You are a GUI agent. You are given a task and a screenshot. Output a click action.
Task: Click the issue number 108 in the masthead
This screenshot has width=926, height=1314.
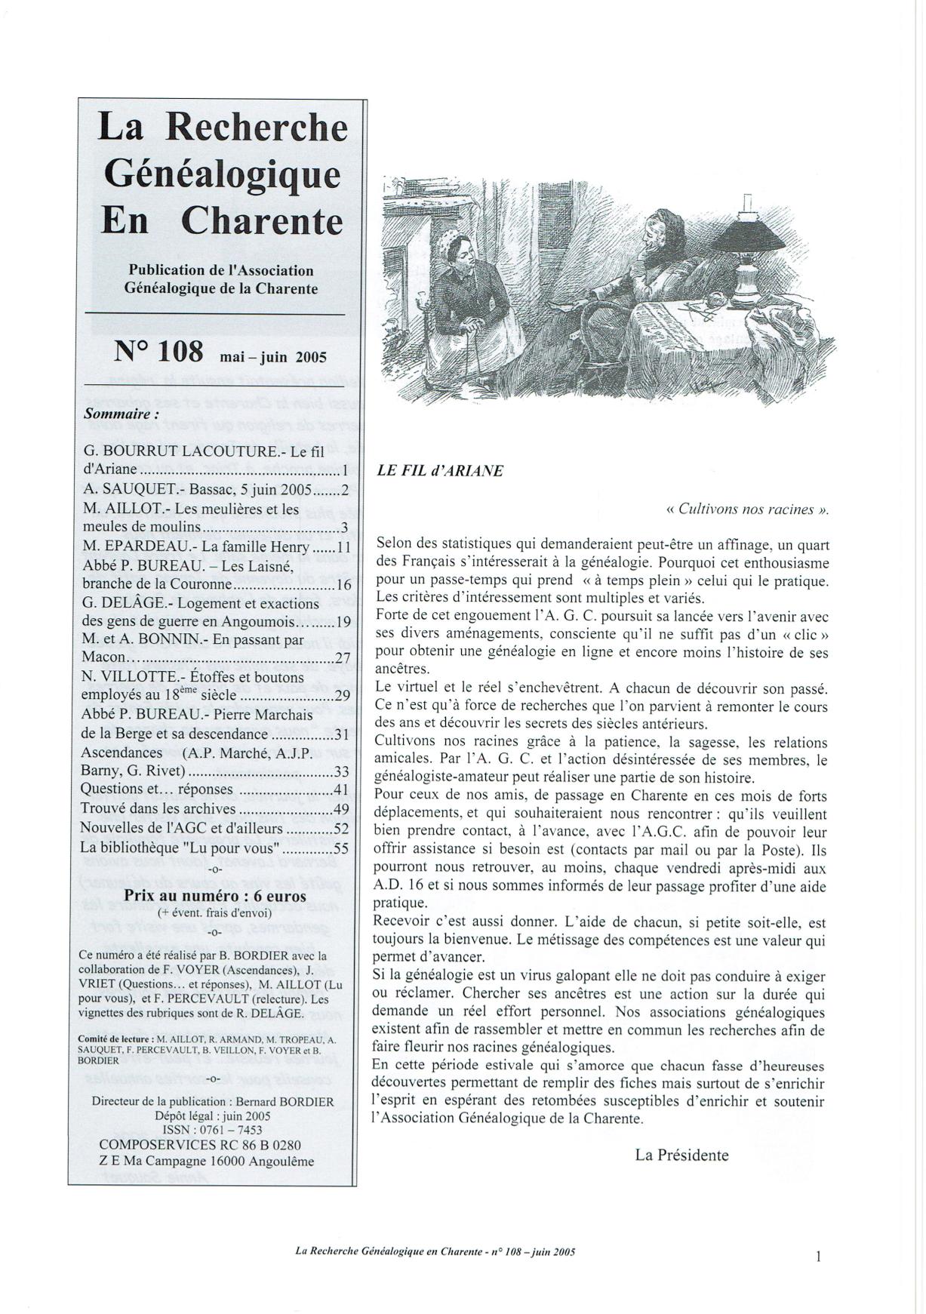180,351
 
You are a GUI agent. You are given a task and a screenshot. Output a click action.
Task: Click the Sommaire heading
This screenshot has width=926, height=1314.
122,414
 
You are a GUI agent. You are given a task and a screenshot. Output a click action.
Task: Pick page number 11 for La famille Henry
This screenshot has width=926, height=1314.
343,547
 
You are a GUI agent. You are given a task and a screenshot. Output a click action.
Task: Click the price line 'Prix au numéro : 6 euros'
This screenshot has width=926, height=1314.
215,896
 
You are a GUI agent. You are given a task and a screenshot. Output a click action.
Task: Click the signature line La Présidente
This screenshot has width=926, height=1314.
681,1155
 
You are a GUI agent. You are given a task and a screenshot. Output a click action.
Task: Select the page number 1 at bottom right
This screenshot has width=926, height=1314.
819,1256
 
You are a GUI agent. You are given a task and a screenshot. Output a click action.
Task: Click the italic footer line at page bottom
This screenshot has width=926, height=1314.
435,1251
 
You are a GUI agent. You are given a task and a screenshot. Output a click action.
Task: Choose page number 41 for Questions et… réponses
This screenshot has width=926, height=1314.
341,789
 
